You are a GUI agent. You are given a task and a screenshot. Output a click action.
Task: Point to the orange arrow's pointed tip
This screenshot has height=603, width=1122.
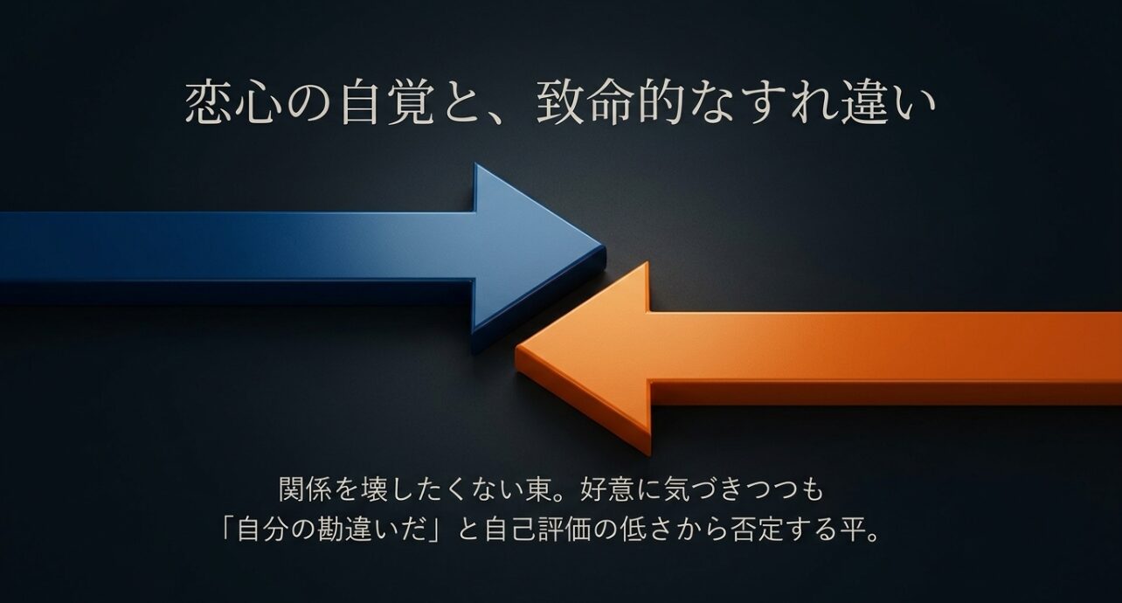517,354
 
